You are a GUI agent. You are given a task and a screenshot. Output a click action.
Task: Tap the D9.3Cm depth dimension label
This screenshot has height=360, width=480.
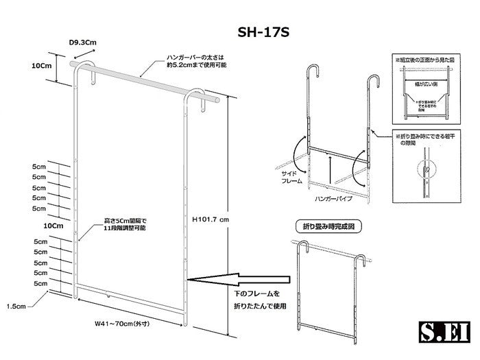pyautogui.click(x=83, y=43)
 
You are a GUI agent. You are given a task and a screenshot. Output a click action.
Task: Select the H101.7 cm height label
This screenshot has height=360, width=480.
pyautogui.click(x=210, y=218)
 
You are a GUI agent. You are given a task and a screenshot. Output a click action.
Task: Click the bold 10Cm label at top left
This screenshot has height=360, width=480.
pyautogui.click(x=43, y=66)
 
